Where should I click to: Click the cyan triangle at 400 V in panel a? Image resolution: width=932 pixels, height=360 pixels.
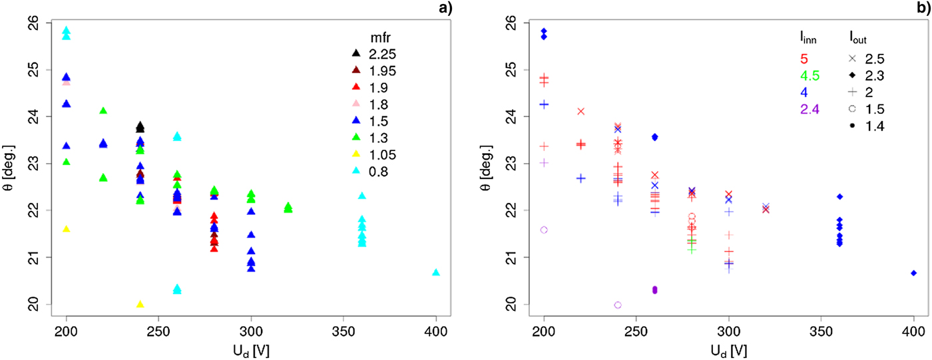point(436,273)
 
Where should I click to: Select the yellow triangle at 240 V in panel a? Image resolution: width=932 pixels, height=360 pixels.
point(140,304)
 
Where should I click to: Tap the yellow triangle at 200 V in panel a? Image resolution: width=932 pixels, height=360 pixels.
point(66,230)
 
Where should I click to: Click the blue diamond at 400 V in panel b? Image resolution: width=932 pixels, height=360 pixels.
point(914,273)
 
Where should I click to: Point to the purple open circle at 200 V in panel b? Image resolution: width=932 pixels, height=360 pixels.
point(544,230)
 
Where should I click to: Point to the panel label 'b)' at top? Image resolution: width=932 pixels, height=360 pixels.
point(925,7)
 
